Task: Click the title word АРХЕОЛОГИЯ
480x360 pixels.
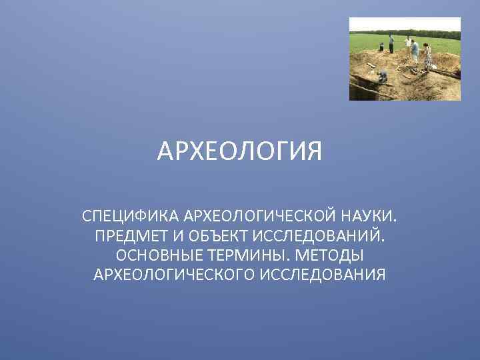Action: [x=239, y=151]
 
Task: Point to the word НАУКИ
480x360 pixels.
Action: [x=371, y=217]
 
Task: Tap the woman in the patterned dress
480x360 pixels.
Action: [x=427, y=56]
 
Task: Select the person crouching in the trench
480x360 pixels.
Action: [x=383, y=77]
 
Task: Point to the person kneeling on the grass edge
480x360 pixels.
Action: [x=381, y=47]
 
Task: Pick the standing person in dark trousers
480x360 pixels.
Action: [x=392, y=44]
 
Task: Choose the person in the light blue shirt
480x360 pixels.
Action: [x=415, y=51]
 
